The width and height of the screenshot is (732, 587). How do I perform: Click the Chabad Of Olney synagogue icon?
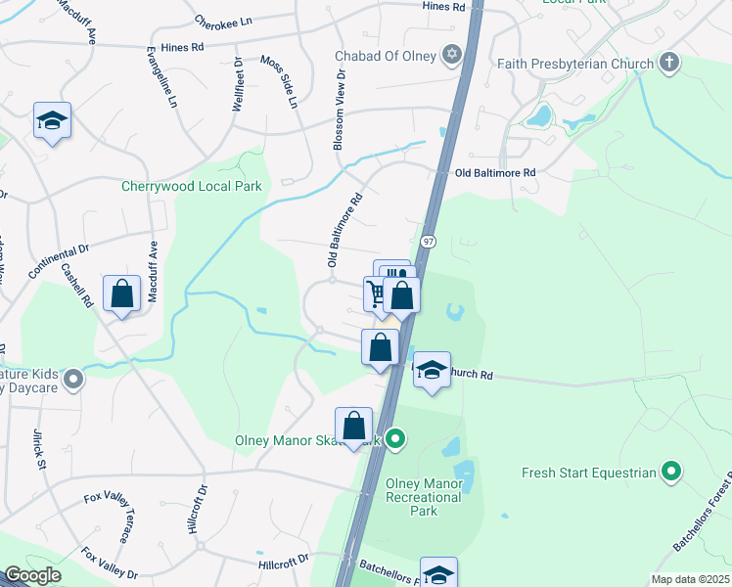451,55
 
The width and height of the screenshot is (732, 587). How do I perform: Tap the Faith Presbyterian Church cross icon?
669,65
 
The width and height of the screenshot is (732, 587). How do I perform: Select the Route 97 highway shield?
429,241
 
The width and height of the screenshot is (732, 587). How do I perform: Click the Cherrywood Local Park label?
191,186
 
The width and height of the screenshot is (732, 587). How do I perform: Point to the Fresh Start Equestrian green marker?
670,473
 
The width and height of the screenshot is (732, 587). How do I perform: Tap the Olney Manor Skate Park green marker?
395,438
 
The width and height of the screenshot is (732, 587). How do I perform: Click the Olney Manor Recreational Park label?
423,497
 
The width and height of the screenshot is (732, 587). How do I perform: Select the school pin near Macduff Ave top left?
53,121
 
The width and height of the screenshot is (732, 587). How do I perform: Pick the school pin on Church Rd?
431,371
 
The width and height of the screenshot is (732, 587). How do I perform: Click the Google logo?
33,575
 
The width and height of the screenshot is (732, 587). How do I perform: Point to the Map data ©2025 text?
689,579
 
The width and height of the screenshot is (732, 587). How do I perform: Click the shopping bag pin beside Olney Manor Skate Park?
353,426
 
